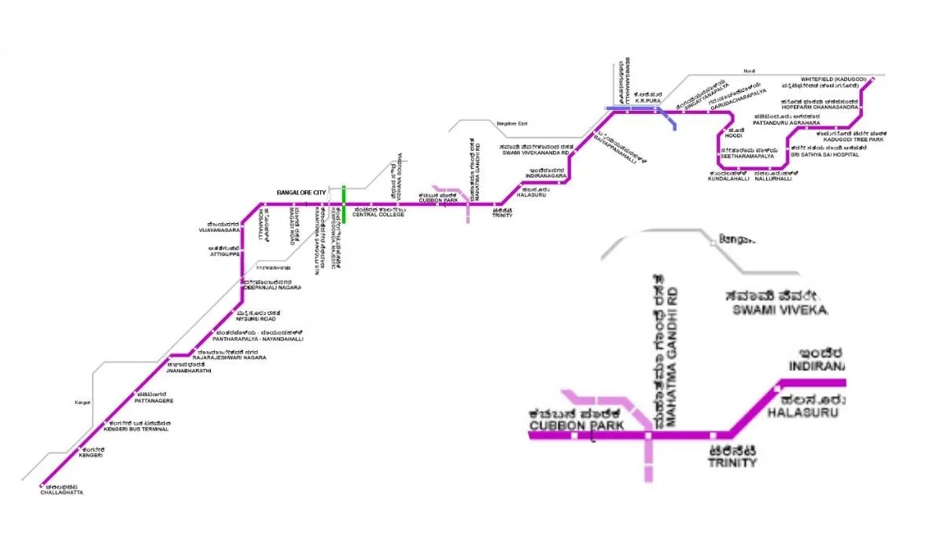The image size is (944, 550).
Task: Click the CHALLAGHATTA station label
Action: [x=61, y=492]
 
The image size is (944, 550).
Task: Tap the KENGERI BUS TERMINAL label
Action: [x=137, y=431]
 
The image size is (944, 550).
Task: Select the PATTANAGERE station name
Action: [x=153, y=401]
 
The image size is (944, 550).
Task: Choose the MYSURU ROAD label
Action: [x=256, y=319]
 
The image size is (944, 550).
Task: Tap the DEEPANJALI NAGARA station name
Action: [x=267, y=288]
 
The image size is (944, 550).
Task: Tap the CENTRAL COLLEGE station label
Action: [x=378, y=214]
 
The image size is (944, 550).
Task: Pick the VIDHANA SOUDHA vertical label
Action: [x=399, y=176]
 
